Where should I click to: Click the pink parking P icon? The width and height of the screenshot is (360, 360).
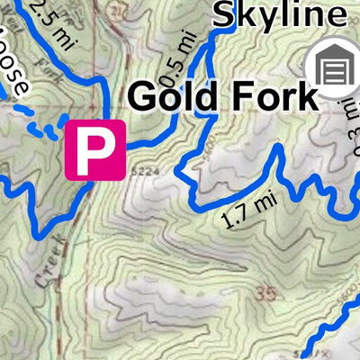pos(94,148)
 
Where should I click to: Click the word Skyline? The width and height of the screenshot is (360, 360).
pos(279,14)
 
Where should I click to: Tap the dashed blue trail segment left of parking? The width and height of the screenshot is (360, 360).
pos(40,123)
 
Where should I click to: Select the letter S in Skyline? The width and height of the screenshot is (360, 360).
pos(224,14)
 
